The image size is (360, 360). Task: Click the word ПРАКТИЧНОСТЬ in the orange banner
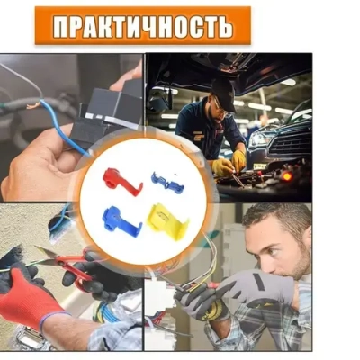pyautogui.click(x=142, y=26)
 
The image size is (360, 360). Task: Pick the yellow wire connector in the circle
pyautogui.click(x=167, y=222)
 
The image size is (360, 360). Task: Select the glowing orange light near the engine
pyautogui.click(x=287, y=176)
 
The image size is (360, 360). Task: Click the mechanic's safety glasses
pyautogui.click(x=219, y=101)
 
